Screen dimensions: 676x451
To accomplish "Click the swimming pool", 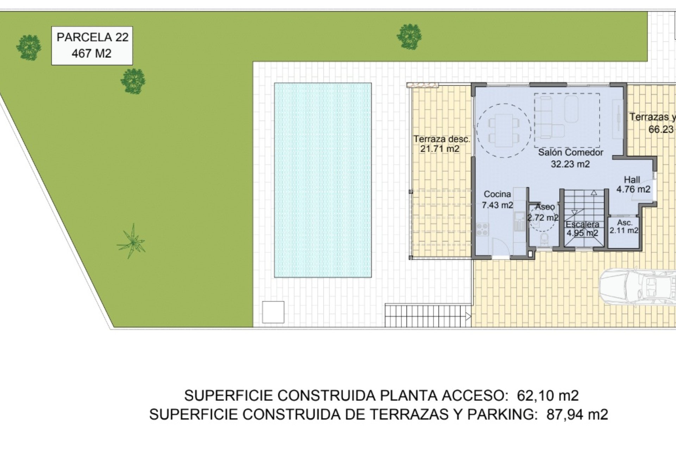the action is pos(323,180).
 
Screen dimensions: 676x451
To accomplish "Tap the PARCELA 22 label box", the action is pos(92,45).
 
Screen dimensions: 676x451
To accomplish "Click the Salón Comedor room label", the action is pos(570,158).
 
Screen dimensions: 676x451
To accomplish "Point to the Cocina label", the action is pos(497,199).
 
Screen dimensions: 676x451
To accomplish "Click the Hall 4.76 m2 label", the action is pos(633,184).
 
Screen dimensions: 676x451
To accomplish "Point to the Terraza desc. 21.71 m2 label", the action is pos(442,144).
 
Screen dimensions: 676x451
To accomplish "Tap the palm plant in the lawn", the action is pos(131,241).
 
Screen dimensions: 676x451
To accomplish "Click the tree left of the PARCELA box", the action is pos(29,47).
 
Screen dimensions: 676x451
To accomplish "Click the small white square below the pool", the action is pos(273,312).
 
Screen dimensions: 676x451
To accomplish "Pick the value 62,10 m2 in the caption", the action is pos(548,396).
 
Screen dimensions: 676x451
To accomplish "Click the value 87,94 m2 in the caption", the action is pos(577,414).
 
